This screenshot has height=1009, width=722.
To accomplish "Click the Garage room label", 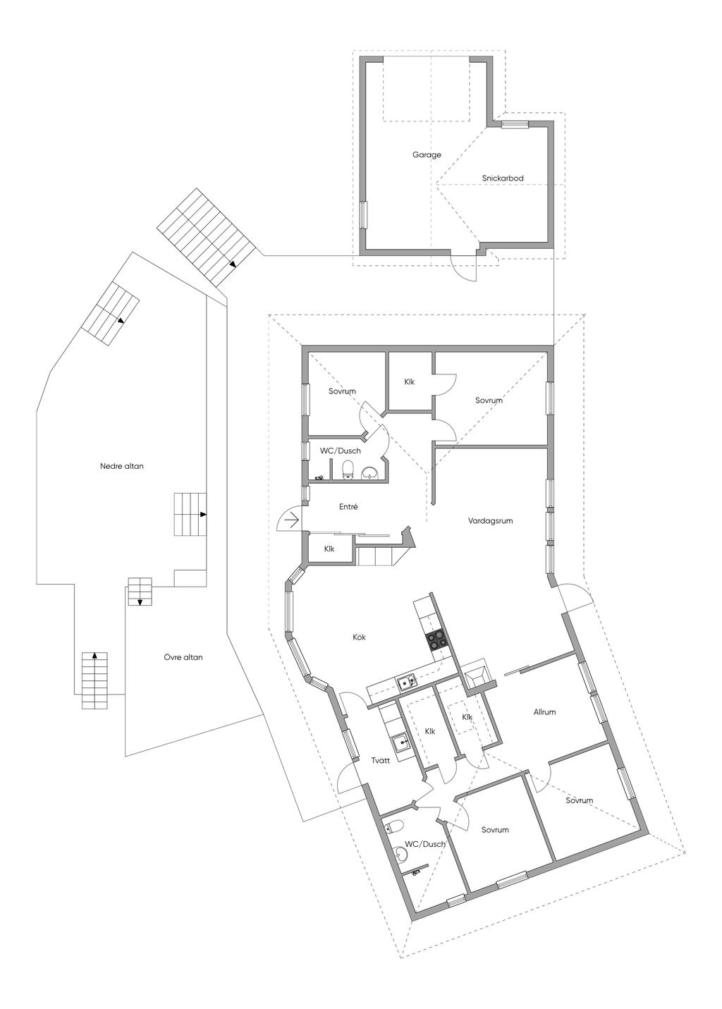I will coord(427,154).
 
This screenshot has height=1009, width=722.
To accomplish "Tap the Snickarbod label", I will coord(503,178).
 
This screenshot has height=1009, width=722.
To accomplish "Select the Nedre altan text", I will coord(122,466).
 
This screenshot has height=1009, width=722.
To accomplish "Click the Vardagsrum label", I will coord(490,521).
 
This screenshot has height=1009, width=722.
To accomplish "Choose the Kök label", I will coord(360,637).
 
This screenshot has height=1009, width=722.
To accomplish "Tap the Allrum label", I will coord(544,712).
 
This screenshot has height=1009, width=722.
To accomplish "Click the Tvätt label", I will coord(381,761).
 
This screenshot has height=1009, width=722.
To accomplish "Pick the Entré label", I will coord(348,506).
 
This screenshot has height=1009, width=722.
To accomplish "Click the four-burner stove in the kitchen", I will coord(436,639).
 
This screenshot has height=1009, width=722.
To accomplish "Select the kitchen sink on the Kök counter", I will coord(405,682).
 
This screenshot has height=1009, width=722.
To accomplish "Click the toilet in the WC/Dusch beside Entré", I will coord(347,470).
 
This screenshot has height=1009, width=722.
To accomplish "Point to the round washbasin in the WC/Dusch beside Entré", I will coord(369,473).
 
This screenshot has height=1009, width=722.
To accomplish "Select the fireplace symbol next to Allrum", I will coord(477,674).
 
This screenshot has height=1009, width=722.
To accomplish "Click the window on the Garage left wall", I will coord(364,214).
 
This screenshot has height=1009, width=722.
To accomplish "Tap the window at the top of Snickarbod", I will coord(515,125).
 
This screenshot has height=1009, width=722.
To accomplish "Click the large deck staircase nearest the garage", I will coord(205,237).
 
